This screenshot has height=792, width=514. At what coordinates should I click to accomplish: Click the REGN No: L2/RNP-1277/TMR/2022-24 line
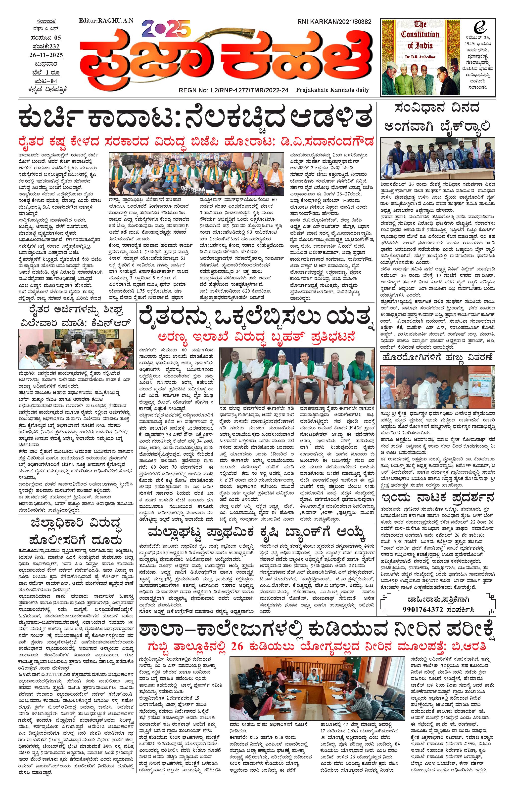pos(233,90)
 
